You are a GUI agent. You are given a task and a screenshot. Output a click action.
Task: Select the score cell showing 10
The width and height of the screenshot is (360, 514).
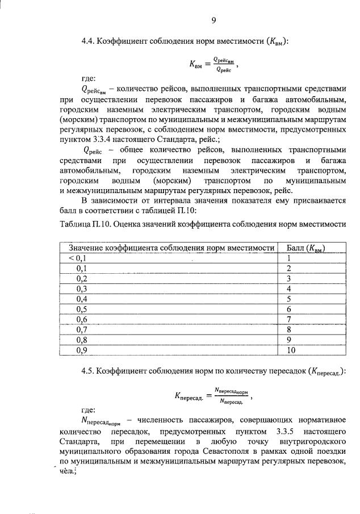(x=291, y=350)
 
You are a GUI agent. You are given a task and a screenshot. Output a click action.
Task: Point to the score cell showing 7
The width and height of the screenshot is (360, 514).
(x=289, y=319)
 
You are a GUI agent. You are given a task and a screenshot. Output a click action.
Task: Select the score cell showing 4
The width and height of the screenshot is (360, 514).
(x=289, y=289)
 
